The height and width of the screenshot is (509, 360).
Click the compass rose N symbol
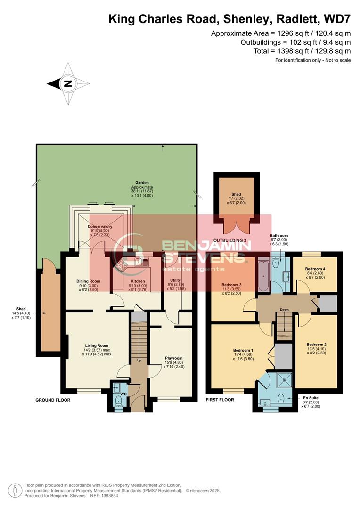(x=68, y=84)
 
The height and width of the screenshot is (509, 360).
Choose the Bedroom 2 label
(x=316, y=345)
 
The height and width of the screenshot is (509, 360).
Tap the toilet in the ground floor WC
(x=118, y=401)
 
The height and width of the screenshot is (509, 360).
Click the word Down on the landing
(x=284, y=310)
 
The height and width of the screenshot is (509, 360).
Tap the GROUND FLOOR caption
(x=53, y=400)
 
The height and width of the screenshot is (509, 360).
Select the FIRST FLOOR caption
(x=220, y=400)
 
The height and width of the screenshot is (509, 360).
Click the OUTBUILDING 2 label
(x=230, y=240)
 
